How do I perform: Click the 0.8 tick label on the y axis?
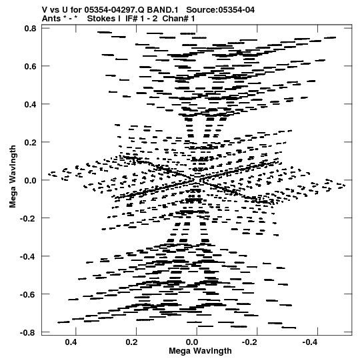click(x=30, y=29)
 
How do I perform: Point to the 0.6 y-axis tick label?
click(x=30, y=66)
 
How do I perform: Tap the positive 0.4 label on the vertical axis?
click(x=30, y=104)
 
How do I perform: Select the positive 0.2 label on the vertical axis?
click(x=30, y=142)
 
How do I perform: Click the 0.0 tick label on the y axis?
click(x=30, y=180)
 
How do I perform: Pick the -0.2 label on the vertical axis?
click(x=28, y=218)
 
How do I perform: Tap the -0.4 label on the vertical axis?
click(x=28, y=256)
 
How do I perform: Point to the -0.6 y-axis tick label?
click(x=28, y=294)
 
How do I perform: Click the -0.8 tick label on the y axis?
click(x=28, y=332)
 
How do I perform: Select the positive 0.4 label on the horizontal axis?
click(x=71, y=342)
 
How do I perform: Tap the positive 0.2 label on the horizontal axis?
click(x=131, y=342)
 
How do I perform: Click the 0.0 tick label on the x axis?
click(x=192, y=342)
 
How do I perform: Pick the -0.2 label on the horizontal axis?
click(x=251, y=342)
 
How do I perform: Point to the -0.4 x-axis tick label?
click(x=311, y=342)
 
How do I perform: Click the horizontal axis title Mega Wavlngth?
click(x=200, y=351)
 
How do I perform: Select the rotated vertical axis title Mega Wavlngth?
click(x=13, y=177)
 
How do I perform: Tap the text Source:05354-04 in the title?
click(x=221, y=10)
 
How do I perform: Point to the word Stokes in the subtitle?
click(x=103, y=19)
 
